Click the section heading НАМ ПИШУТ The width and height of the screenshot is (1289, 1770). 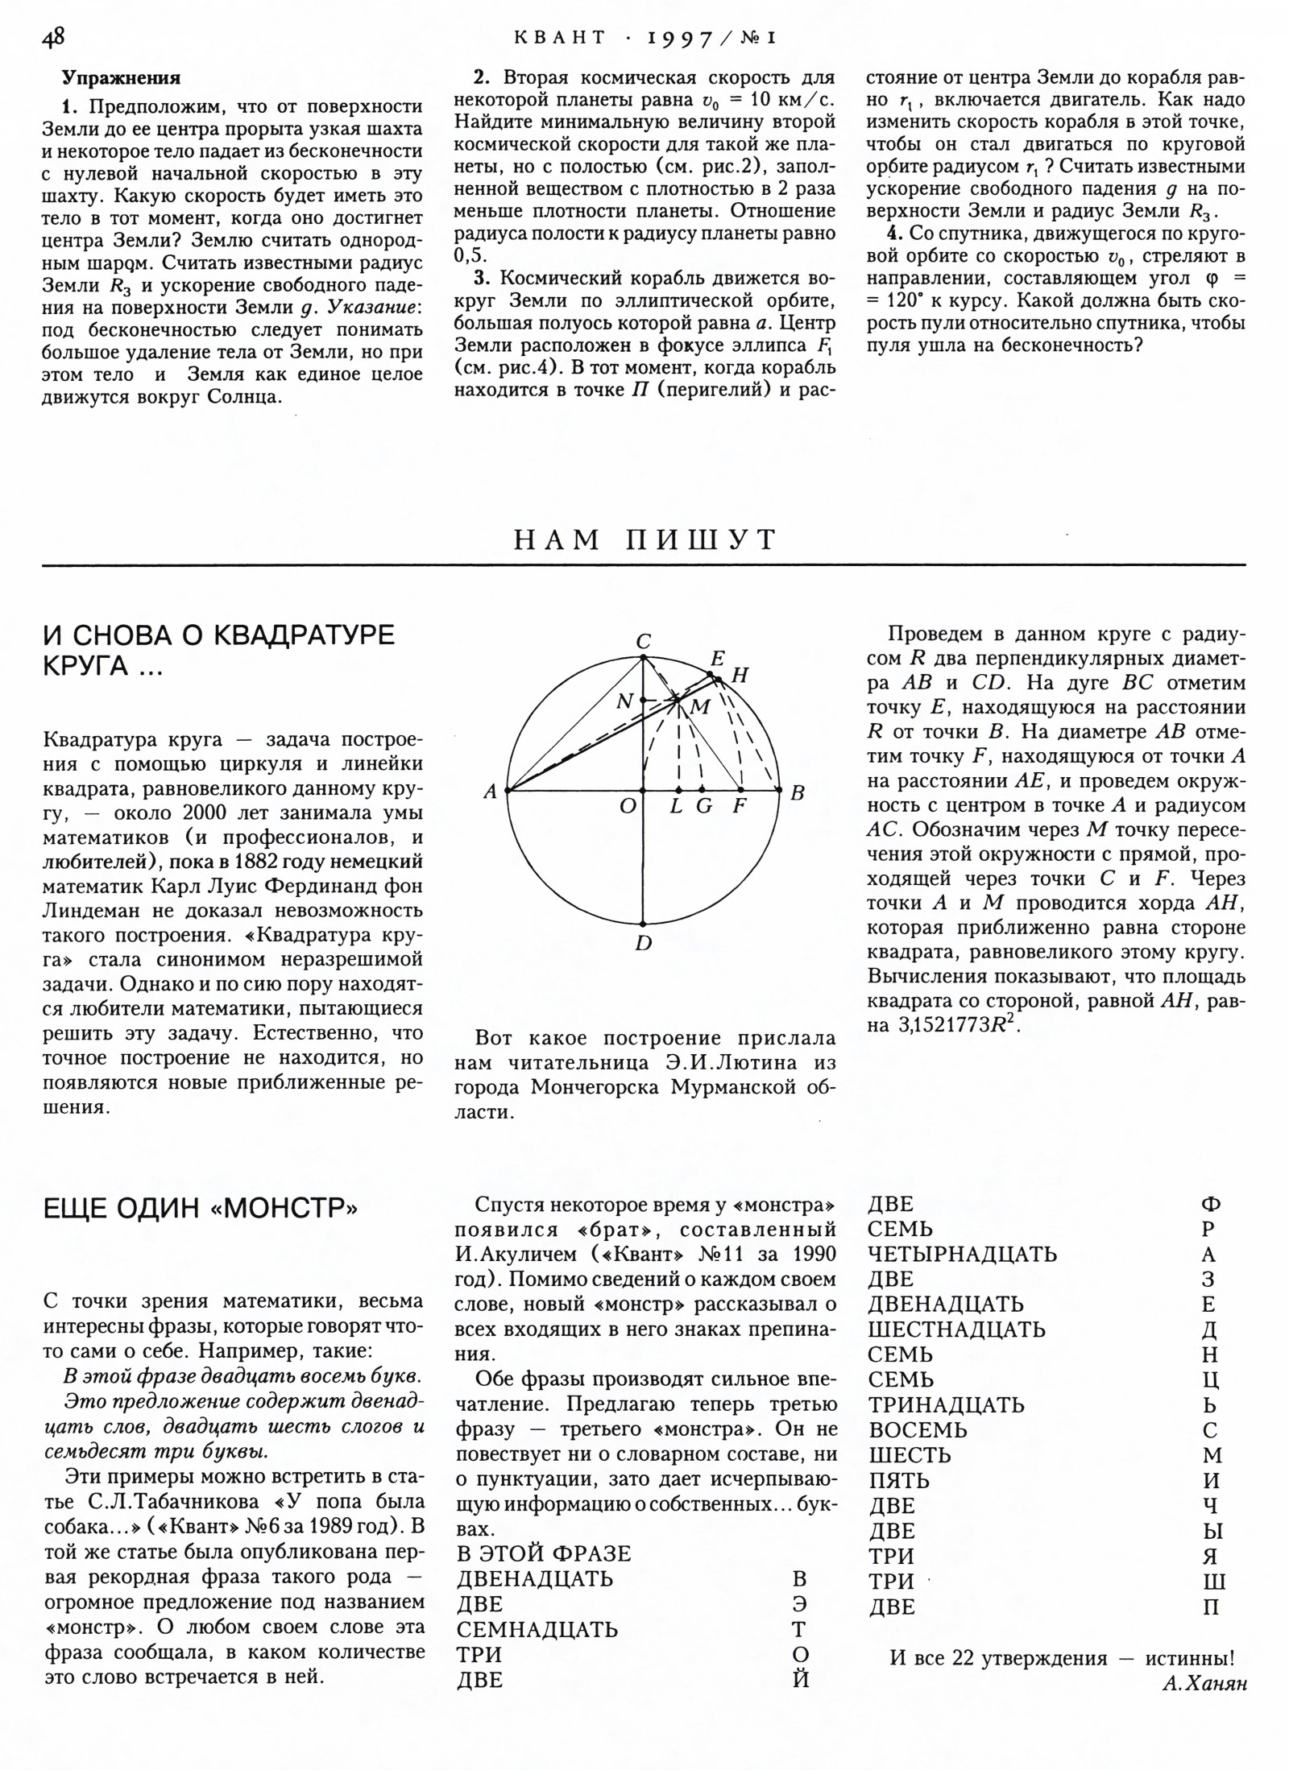pyautogui.click(x=644, y=540)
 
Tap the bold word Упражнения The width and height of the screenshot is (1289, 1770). pyautogui.click(x=122, y=78)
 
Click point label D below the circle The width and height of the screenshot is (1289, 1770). pyautogui.click(x=643, y=943)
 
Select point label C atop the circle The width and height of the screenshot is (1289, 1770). pyautogui.click(x=644, y=642)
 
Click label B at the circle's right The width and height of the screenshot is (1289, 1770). pyautogui.click(x=798, y=793)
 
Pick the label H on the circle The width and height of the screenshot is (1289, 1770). pyautogui.click(x=740, y=676)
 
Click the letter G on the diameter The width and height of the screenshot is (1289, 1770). pyautogui.click(x=704, y=806)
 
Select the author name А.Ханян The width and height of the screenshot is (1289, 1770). pyautogui.click(x=1204, y=1682)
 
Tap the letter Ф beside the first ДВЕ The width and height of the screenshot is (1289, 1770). pyautogui.click(x=1210, y=1205)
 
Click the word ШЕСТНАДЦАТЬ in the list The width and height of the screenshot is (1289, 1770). pyautogui.click(x=956, y=1330)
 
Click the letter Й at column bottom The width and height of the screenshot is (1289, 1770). pyautogui.click(x=801, y=1679)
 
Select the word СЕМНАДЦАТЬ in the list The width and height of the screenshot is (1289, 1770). pyautogui.click(x=537, y=1629)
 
